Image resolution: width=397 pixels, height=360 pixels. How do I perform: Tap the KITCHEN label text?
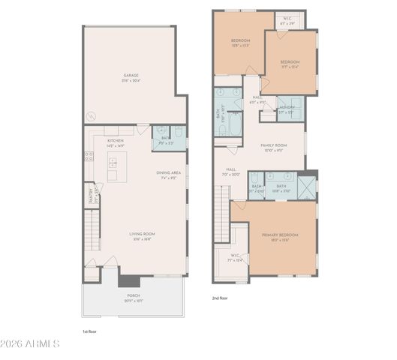115,142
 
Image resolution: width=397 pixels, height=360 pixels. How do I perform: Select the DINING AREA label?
168,174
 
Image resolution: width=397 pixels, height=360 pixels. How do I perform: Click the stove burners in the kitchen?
89,157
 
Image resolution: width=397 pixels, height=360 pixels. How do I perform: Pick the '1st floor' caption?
90,331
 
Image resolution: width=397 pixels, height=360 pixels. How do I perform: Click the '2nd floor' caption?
220,298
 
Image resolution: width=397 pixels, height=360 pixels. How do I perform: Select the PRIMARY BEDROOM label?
279,237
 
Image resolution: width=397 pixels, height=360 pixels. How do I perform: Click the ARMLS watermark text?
31,344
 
